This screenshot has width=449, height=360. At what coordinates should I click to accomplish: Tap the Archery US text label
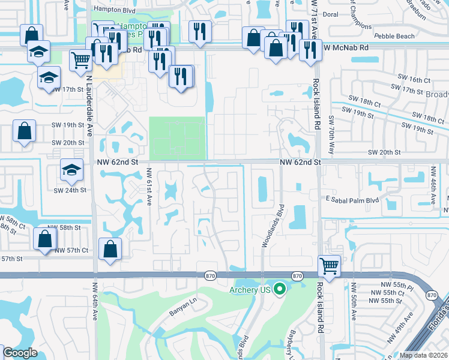point(250,290)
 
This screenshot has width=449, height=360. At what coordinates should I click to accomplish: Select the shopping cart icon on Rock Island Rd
point(329,265)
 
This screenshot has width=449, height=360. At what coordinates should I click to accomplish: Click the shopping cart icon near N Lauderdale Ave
point(81,59)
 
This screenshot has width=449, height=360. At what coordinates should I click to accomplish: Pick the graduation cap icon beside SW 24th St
point(71,170)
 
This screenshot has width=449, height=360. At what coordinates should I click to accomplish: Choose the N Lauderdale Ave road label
point(89,96)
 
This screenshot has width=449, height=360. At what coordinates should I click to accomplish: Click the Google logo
point(20,353)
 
